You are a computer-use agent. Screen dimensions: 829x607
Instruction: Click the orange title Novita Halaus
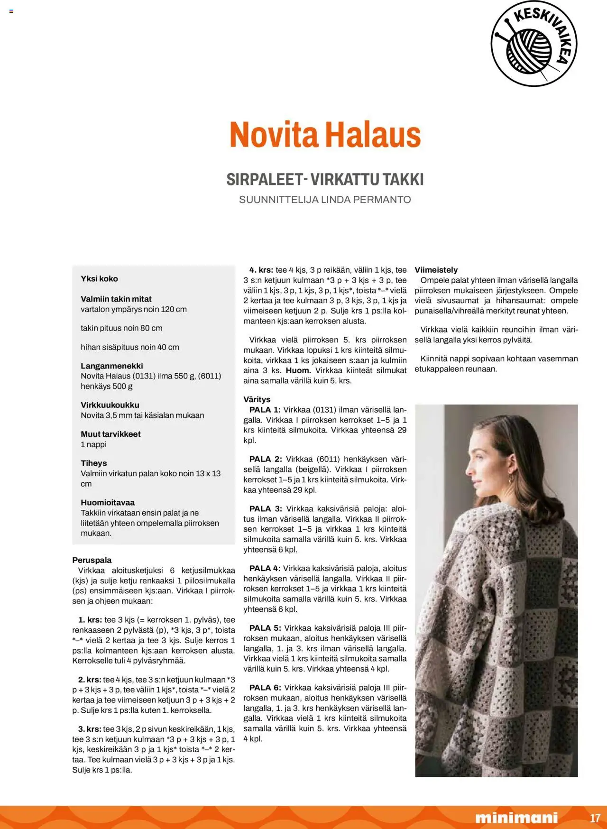point(325,135)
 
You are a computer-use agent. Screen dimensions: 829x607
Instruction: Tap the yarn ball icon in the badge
point(529,49)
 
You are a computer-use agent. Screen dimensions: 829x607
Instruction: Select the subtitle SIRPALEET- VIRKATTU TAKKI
point(325,179)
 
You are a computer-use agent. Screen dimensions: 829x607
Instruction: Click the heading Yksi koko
point(99,279)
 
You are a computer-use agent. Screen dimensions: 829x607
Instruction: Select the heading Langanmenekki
point(111,366)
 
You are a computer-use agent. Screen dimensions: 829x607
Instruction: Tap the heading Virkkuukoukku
point(110,405)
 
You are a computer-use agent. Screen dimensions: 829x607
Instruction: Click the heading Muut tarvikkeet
point(110,434)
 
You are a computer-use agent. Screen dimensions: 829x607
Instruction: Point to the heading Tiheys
point(94,463)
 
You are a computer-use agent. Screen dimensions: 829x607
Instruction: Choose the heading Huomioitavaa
point(108,503)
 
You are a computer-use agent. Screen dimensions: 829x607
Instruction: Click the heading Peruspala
point(92,560)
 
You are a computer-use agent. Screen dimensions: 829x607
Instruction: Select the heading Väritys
point(257,399)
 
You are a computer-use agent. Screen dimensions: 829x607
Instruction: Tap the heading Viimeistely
point(436,270)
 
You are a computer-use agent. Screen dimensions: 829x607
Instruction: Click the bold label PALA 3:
point(266,509)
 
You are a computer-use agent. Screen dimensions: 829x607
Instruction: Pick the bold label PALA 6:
point(265,688)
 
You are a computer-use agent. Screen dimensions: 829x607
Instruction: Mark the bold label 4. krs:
point(261,270)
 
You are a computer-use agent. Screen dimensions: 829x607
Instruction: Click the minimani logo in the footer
point(516,818)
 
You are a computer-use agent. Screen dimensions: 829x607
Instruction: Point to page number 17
point(595,818)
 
